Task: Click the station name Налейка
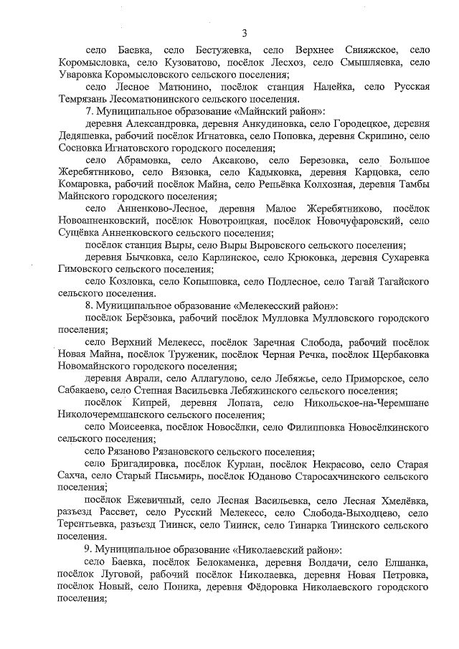[328, 87]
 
